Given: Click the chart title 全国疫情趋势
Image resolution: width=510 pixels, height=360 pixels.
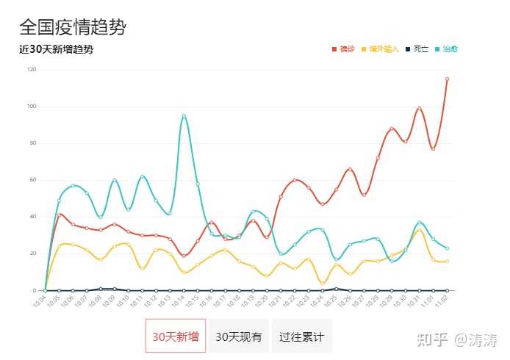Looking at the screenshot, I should [x=72, y=27].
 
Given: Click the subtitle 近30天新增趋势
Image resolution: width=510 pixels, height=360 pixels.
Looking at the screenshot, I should [x=56, y=50].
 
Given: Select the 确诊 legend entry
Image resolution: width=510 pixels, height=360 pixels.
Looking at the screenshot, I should [x=344, y=49].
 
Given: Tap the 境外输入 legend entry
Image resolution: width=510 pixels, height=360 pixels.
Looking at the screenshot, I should [x=380, y=49].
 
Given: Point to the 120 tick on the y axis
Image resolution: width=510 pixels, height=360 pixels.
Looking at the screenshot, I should [x=31, y=70].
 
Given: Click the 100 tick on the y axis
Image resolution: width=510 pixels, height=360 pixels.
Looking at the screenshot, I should [x=31, y=107].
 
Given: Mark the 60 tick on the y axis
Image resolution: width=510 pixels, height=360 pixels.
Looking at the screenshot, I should [x=32, y=180].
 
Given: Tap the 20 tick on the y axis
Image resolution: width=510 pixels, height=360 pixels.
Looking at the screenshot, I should [x=32, y=253].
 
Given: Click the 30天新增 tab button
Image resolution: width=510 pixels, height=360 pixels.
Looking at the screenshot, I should [x=175, y=336].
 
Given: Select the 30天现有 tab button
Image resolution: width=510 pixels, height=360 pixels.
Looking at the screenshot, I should [x=238, y=336].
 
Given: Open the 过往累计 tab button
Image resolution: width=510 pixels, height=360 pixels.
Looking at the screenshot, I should [x=301, y=336].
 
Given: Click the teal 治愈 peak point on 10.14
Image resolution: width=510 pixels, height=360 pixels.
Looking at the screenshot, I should [x=184, y=115].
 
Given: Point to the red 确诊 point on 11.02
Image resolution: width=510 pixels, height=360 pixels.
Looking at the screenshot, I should [x=447, y=79].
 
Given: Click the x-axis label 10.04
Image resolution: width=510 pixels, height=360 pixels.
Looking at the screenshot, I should [x=41, y=301].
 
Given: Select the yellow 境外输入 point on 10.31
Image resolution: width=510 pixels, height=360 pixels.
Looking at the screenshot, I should [x=419, y=230].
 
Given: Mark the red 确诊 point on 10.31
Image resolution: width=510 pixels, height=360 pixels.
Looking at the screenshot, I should [x=419, y=109].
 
